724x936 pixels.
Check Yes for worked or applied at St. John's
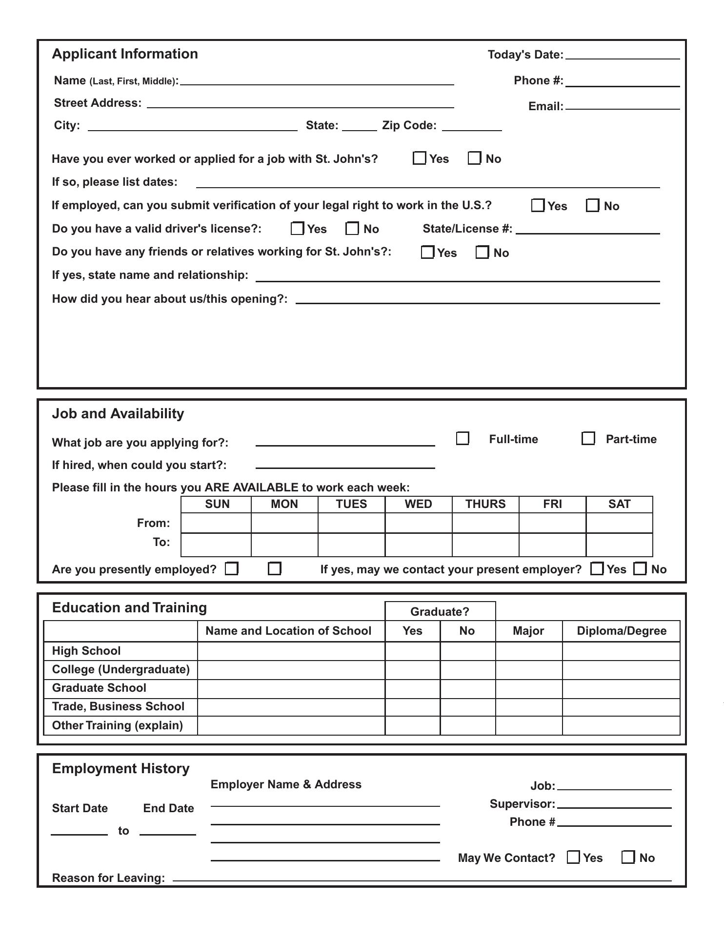[x=419, y=158]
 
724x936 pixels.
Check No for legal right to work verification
[x=592, y=205]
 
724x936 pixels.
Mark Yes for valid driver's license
[x=297, y=228]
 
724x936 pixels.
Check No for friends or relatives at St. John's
[x=482, y=252]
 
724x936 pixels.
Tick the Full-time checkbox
[x=463, y=438]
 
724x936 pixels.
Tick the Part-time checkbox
[x=588, y=438]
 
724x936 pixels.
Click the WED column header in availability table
[x=418, y=504]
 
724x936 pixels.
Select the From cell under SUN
[x=216, y=523]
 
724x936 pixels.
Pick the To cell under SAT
[x=619, y=545]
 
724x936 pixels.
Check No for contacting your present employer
[x=640, y=568]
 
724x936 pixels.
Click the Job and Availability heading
[x=118, y=413]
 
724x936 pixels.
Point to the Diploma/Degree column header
[x=621, y=631]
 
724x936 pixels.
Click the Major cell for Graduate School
[x=528, y=688]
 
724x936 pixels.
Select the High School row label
[x=86, y=651]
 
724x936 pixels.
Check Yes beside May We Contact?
[x=574, y=857]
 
